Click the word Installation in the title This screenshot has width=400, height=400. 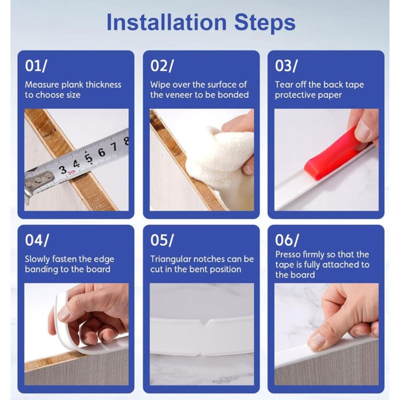point(166,22)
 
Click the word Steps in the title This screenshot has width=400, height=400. point(265,23)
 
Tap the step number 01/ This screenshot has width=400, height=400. point(36,66)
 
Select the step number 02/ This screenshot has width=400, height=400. point(161,66)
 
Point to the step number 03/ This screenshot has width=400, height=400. point(286,66)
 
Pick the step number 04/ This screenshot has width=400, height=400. point(36,240)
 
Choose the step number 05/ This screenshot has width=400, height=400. point(161,240)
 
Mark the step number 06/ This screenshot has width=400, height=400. point(286,240)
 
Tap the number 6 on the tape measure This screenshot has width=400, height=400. point(101,152)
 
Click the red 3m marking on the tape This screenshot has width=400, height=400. point(70,173)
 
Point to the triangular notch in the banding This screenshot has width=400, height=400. point(205,322)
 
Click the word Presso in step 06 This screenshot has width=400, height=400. point(287,255)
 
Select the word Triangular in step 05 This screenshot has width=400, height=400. point(170,259)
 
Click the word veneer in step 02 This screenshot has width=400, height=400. point(177,95)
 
